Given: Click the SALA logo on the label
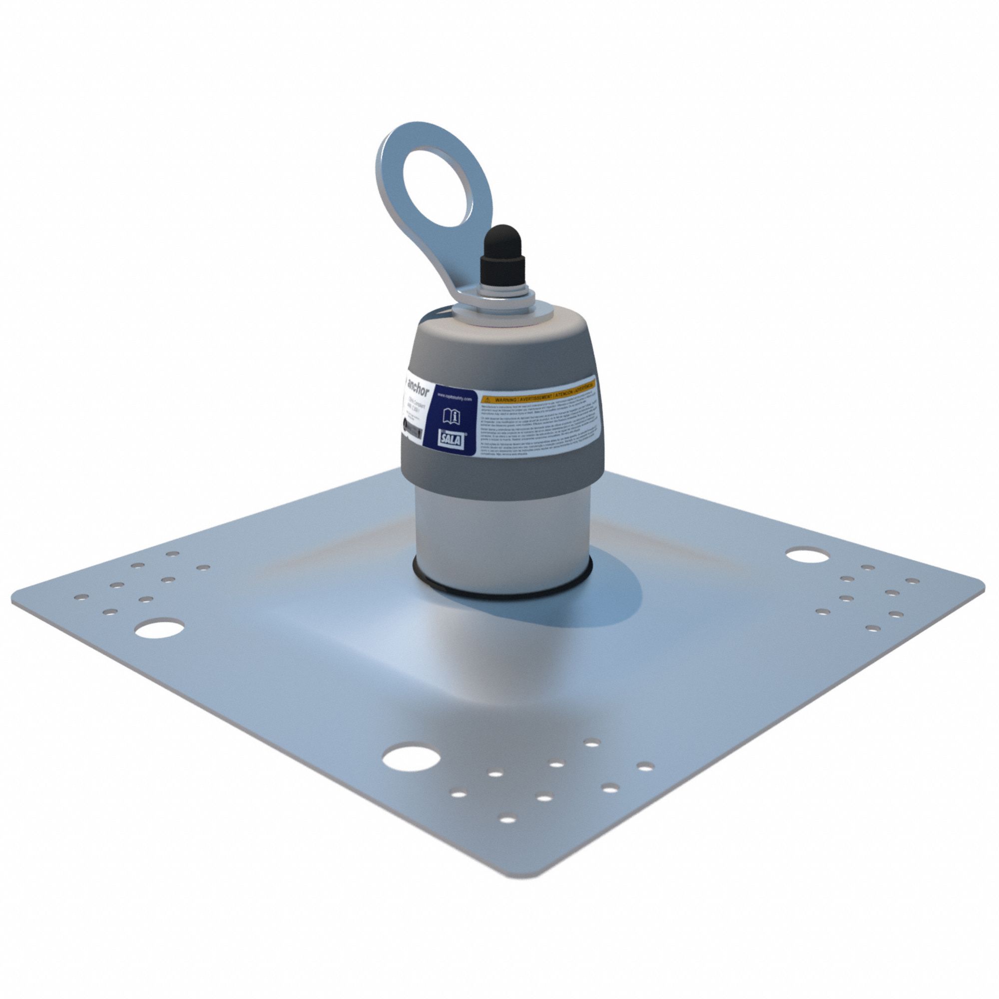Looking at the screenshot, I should (451, 440).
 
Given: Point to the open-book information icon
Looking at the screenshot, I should (451, 416).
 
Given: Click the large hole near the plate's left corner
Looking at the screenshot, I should (159, 628).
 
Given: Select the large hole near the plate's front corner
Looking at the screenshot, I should (411, 759).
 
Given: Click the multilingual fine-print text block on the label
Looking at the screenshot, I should (538, 429).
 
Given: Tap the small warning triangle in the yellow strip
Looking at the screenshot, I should (486, 400).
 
